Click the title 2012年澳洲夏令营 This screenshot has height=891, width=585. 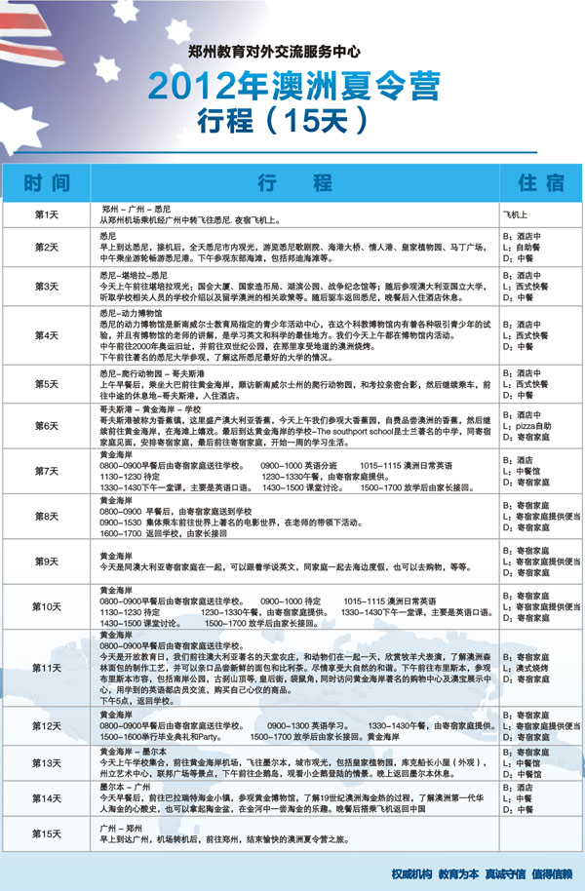click(x=292, y=88)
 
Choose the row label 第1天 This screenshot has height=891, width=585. click(x=47, y=214)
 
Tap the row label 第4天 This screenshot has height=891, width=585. click(x=47, y=334)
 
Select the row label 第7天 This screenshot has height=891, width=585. click(x=47, y=471)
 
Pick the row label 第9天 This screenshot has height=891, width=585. click(x=47, y=562)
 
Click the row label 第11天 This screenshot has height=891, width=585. click(x=47, y=668)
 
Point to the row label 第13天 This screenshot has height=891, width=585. click(x=47, y=763)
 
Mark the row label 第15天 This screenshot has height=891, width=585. click(x=47, y=834)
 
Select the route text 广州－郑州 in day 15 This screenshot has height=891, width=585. click(x=123, y=826)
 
